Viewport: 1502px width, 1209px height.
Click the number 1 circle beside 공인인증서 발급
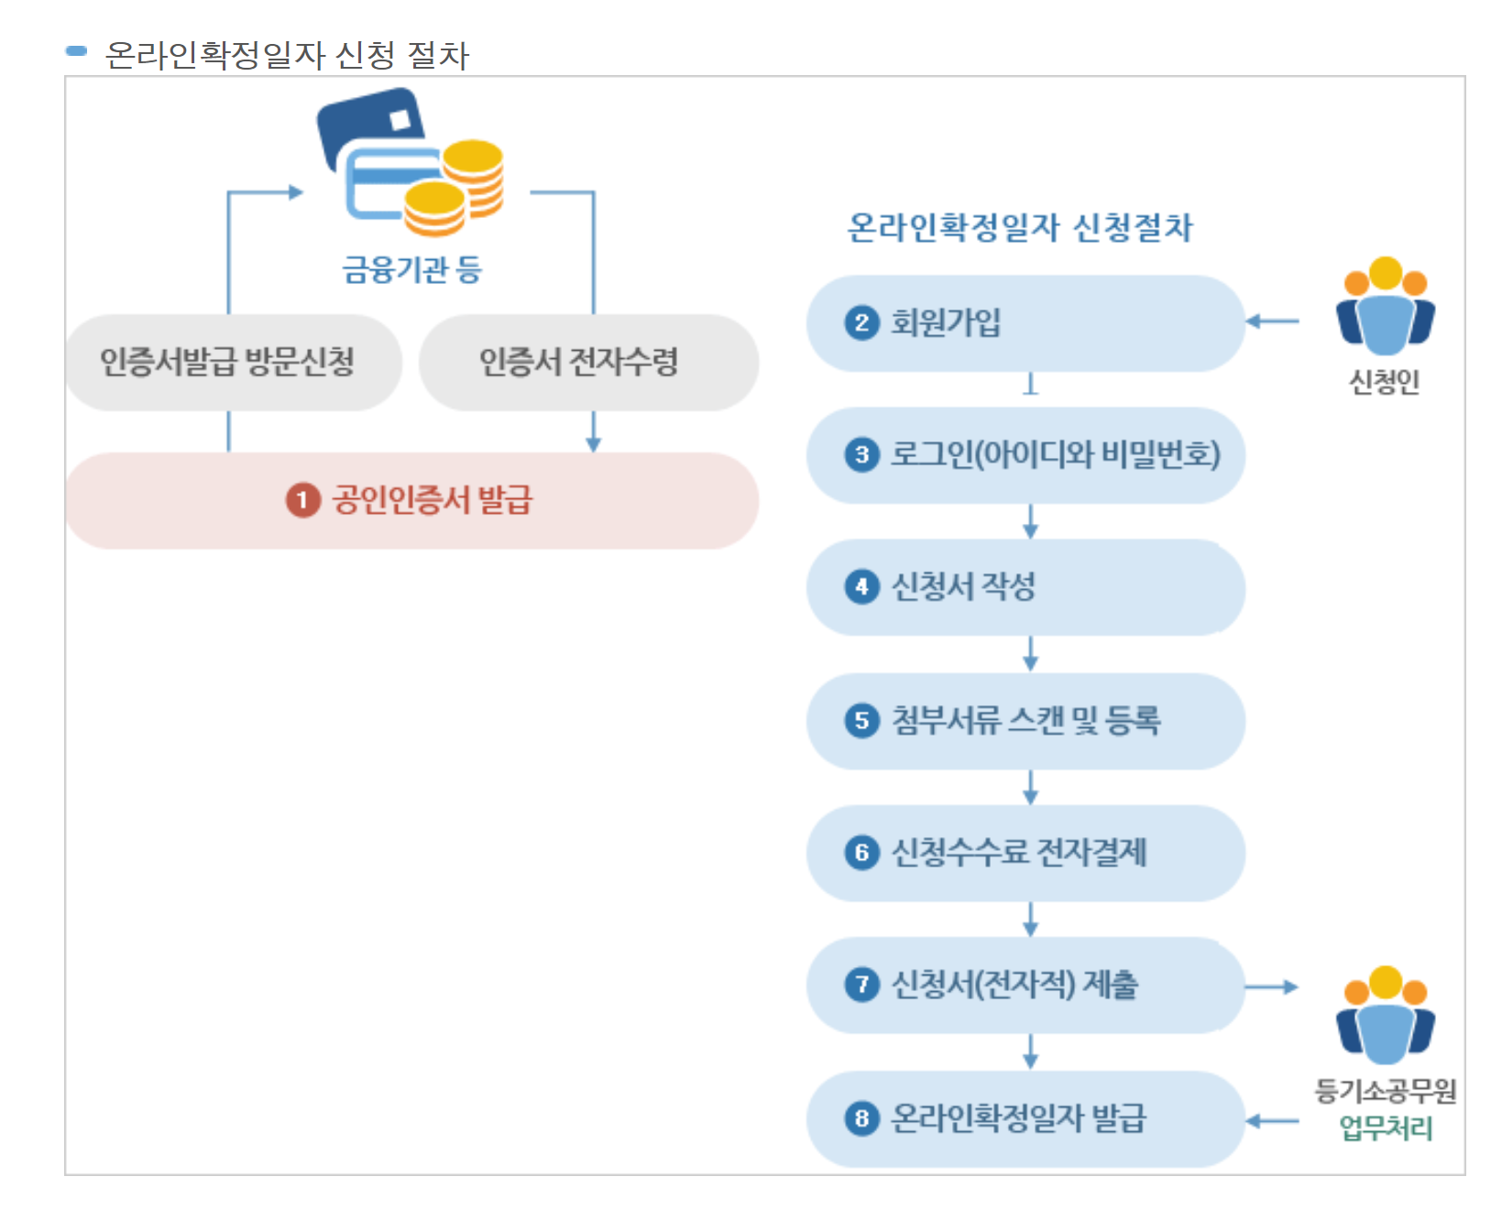tap(302, 500)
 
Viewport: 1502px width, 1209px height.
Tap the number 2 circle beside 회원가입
tap(861, 322)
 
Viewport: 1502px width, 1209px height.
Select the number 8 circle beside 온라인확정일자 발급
tap(861, 1118)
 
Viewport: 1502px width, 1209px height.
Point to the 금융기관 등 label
tap(411, 269)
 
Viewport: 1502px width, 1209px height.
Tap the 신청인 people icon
tap(1385, 307)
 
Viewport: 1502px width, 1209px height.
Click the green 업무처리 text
tap(1386, 1127)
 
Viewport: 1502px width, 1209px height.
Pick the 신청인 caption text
tap(1384, 381)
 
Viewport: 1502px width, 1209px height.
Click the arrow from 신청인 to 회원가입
tap(1273, 321)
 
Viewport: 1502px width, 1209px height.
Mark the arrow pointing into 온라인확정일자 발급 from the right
tap(1273, 1120)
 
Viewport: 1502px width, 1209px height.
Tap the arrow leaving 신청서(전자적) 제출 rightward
tap(1273, 986)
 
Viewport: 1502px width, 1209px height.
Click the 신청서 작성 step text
tap(963, 587)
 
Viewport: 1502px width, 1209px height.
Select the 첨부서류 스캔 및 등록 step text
tap(1025, 721)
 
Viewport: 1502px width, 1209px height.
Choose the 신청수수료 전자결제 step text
tap(1018, 853)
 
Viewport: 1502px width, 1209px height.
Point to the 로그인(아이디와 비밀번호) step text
tap(1055, 454)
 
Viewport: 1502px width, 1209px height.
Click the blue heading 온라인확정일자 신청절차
tap(1020, 227)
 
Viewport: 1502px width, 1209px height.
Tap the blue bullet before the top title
tap(77, 51)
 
